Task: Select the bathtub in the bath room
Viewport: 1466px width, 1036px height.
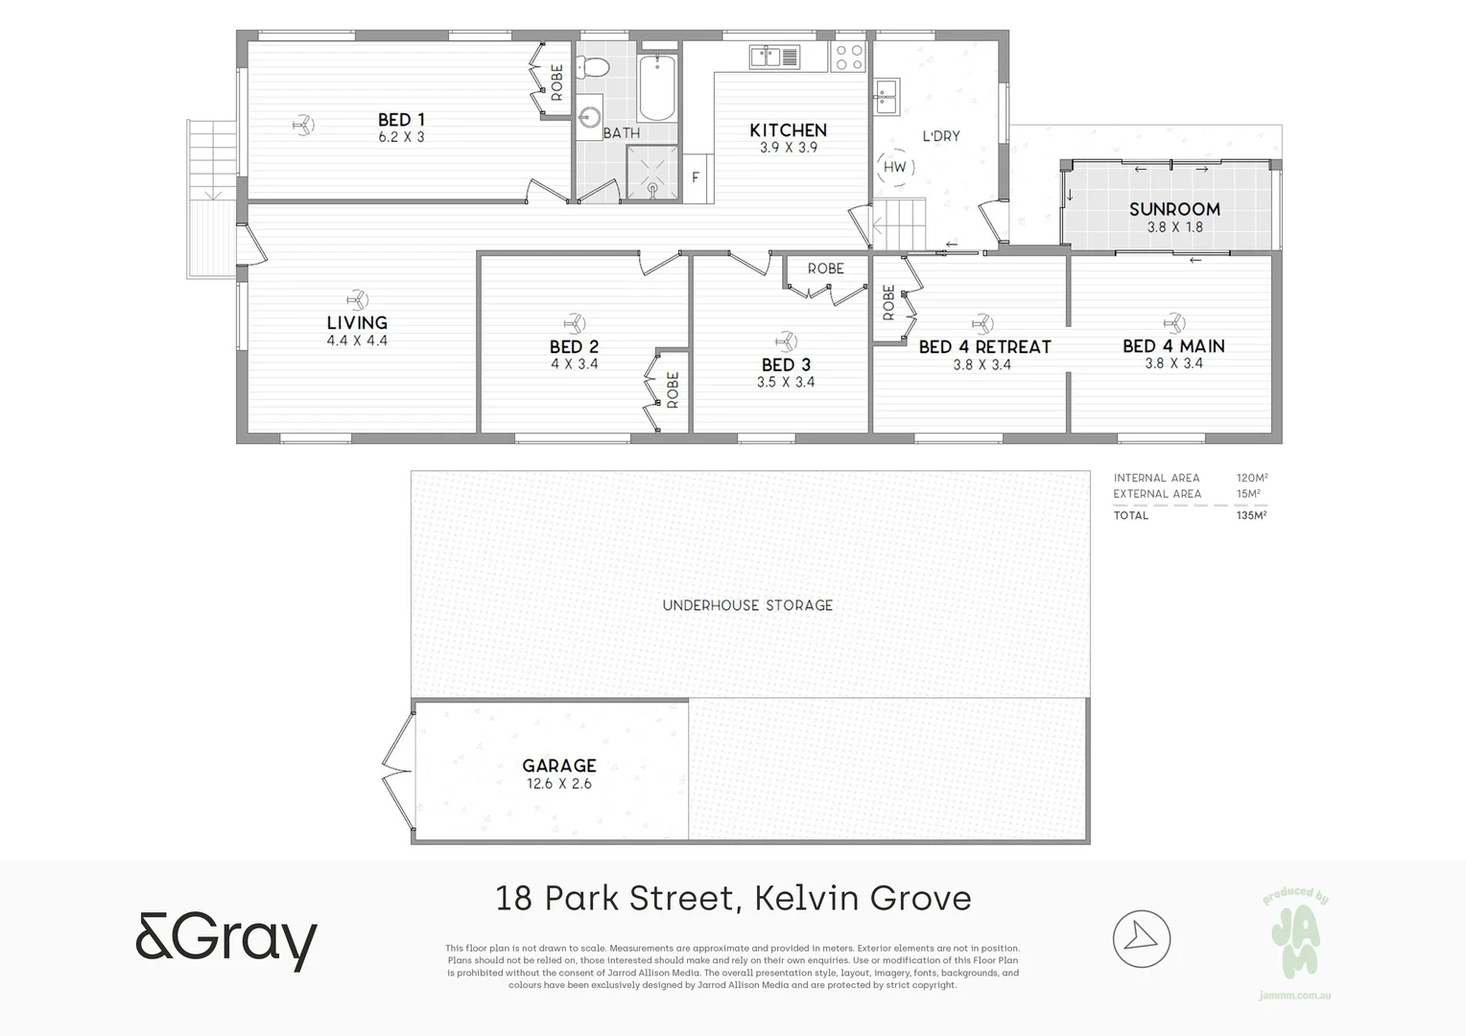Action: coord(657,87)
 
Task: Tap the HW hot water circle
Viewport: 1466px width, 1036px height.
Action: coord(894,167)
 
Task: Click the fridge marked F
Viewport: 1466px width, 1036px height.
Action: coord(697,177)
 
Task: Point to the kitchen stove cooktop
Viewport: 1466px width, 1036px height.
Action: coord(848,58)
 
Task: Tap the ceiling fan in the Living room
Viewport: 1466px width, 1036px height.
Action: coord(357,298)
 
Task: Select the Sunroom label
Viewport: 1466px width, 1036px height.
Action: coord(1174,209)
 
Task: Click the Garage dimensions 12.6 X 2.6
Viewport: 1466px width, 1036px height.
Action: coord(559,784)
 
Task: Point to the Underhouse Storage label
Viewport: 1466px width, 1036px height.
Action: coord(747,605)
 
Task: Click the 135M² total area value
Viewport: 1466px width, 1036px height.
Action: coord(1251,515)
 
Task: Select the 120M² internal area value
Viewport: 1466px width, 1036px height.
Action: coord(1252,478)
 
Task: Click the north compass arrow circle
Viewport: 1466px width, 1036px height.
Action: coord(1142,938)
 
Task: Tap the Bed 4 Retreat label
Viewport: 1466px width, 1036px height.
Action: coord(984,346)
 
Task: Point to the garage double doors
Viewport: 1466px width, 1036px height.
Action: coord(396,771)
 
